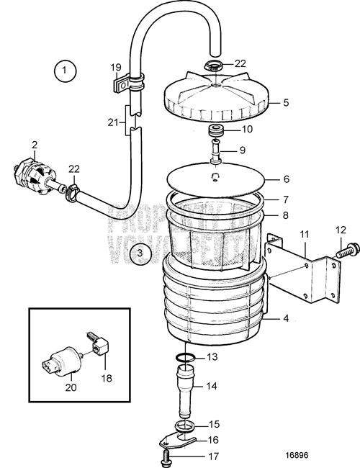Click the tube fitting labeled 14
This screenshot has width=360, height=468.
pyautogui.click(x=185, y=388)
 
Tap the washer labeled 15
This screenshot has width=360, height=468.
pyautogui.click(x=186, y=425)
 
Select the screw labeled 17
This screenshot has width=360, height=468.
pyautogui.click(x=165, y=456)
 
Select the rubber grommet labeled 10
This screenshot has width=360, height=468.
pyautogui.click(x=215, y=132)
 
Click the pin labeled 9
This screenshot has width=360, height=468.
pyautogui.click(x=215, y=154)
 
